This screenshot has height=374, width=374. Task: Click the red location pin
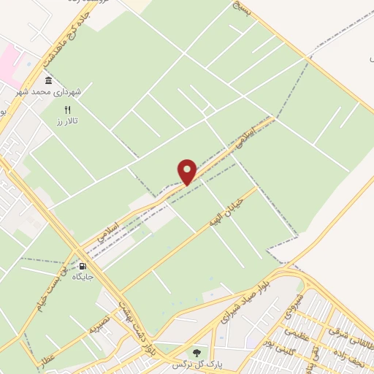pos(187,171)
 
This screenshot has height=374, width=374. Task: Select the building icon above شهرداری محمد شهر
pos(48,80)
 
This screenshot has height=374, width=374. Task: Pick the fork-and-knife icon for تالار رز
pos(67,108)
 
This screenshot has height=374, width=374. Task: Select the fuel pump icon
pos(83,266)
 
